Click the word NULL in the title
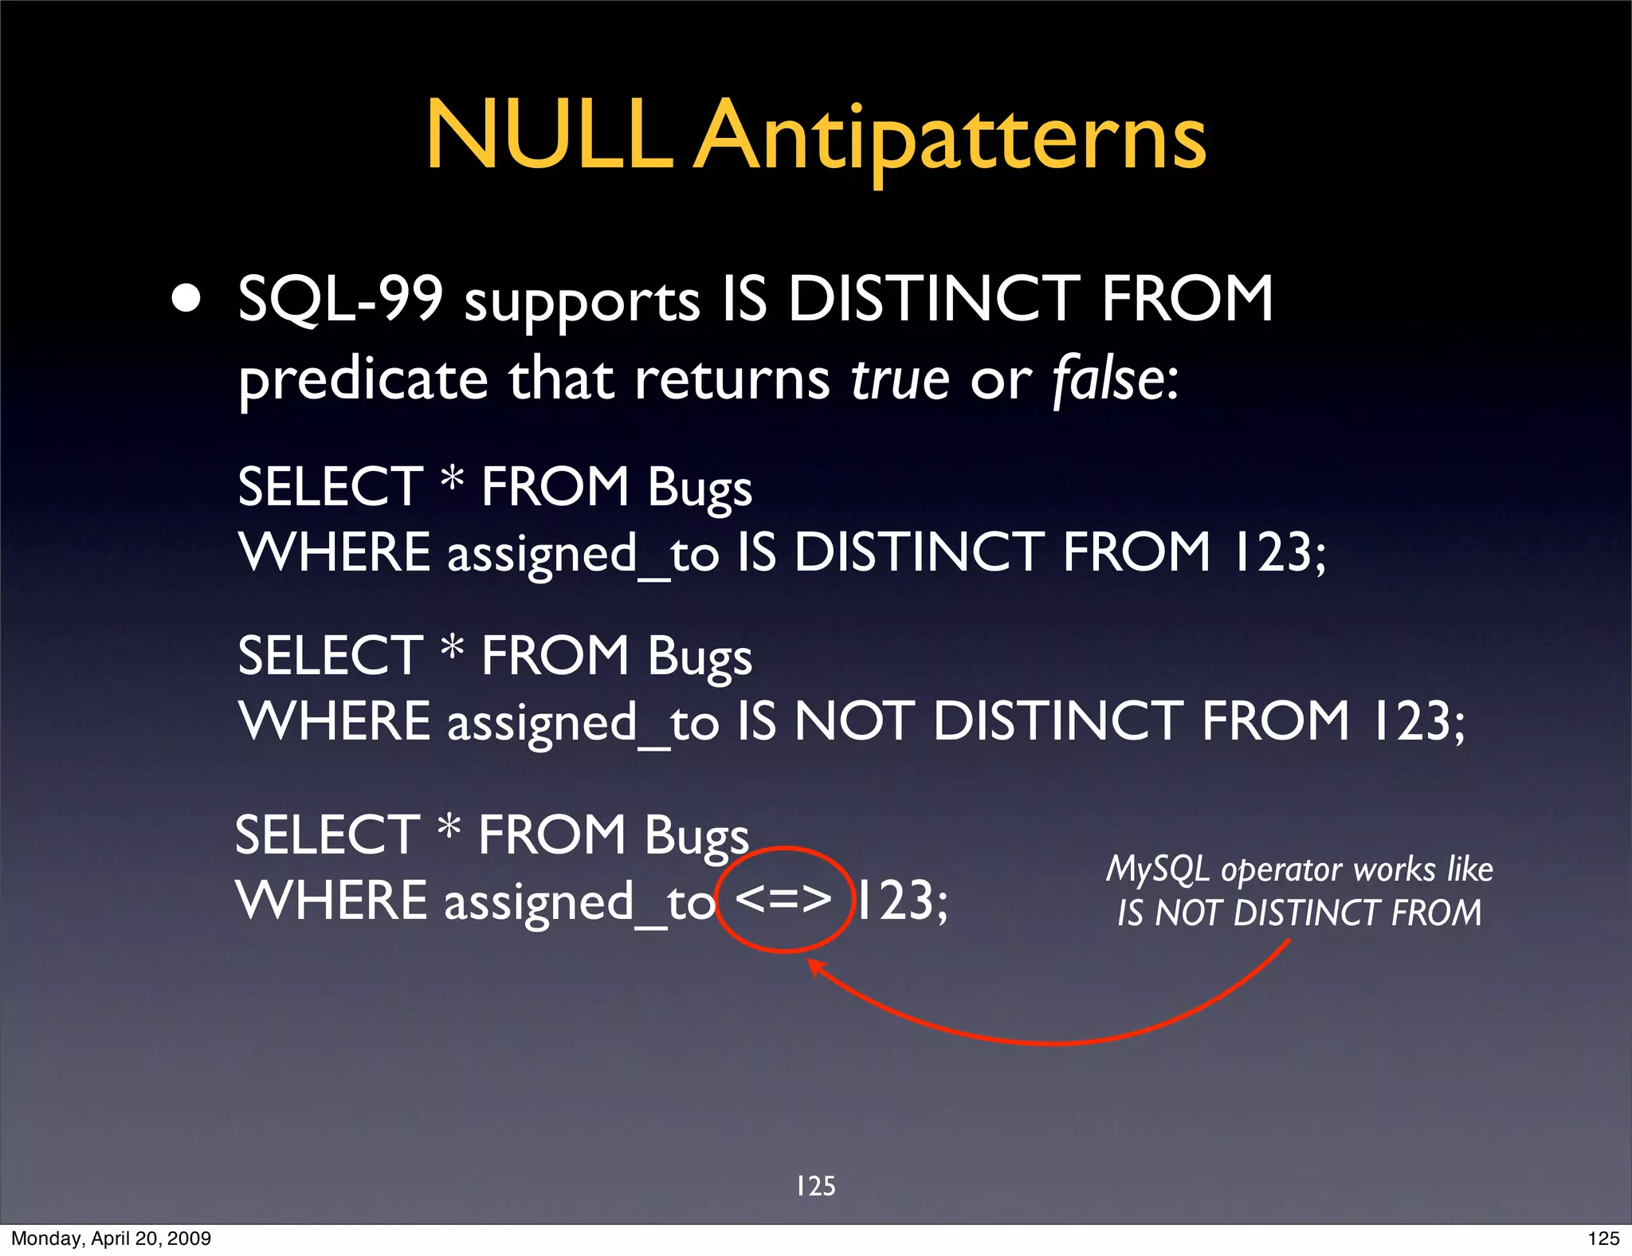point(548,135)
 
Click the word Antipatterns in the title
point(950,137)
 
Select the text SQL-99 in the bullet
point(340,299)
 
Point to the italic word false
point(1108,379)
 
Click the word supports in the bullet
point(583,303)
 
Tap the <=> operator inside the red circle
point(783,899)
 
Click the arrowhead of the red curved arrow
point(814,966)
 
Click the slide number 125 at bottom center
point(815,1186)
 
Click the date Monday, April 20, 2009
point(111,1238)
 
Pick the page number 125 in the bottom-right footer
point(1603,1238)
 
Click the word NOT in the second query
point(855,721)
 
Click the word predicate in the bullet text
point(363,380)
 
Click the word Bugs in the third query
point(696,836)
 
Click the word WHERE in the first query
point(335,551)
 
